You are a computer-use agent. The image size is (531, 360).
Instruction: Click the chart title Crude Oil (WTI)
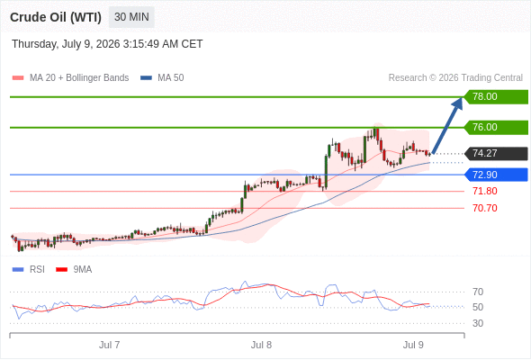click(x=56, y=17)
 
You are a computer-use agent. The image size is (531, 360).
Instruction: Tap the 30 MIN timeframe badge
click(x=131, y=17)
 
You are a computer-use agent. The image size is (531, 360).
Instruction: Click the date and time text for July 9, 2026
click(x=107, y=44)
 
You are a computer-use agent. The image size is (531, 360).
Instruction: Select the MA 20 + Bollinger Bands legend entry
click(x=70, y=78)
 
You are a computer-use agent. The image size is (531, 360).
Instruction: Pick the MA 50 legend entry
click(x=162, y=78)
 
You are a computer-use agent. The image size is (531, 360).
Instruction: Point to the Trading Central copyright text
click(x=455, y=78)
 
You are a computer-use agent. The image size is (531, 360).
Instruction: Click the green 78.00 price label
click(x=496, y=97)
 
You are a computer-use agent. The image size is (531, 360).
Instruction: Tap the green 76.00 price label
click(x=496, y=127)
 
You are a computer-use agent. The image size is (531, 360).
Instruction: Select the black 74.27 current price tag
click(x=496, y=153)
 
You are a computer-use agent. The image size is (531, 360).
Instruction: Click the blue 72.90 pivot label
click(x=496, y=175)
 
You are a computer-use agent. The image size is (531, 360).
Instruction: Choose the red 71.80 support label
click(x=485, y=192)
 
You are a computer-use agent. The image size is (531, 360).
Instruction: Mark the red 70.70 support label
click(x=485, y=208)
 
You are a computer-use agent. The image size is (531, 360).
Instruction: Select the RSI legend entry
click(x=29, y=270)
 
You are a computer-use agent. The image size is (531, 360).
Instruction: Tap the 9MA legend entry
click(x=74, y=270)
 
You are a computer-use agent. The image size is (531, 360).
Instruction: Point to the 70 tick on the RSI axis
click(x=478, y=292)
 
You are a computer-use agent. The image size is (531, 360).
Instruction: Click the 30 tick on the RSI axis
click(x=478, y=323)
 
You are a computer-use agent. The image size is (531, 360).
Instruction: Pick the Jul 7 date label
click(x=109, y=345)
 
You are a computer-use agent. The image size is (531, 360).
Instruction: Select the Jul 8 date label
click(x=261, y=345)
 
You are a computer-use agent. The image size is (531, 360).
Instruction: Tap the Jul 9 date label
click(x=413, y=345)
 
